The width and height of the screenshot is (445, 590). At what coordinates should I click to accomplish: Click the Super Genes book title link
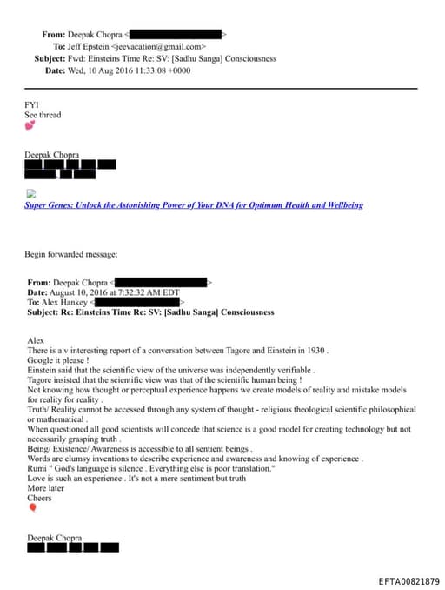pos(194,205)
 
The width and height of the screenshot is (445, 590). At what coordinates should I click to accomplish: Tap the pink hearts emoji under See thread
pos(30,125)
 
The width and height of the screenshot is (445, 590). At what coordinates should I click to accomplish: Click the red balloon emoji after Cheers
pos(32,507)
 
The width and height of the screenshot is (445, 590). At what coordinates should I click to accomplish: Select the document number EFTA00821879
pos(409,580)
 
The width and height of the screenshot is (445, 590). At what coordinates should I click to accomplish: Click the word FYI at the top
pos(31,104)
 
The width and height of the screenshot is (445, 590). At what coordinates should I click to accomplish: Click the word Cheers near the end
pos(39,499)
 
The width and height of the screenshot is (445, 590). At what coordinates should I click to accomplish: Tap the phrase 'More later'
pos(45,489)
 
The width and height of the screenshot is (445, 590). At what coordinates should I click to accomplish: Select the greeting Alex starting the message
pos(35,341)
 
